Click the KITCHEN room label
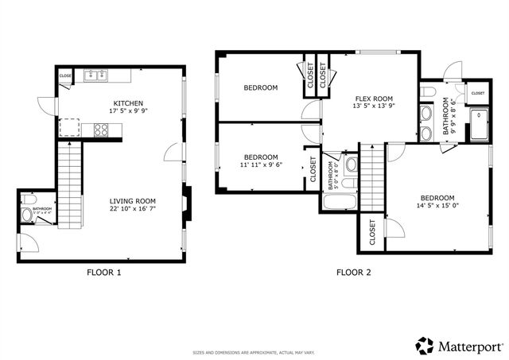(x=128, y=103)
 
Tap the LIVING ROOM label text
(x=133, y=201)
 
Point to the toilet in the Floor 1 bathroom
(x=26, y=214)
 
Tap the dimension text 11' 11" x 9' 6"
(x=261, y=165)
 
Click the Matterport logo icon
(x=425, y=345)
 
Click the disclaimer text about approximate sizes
(x=254, y=352)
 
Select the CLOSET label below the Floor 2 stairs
(x=372, y=232)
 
